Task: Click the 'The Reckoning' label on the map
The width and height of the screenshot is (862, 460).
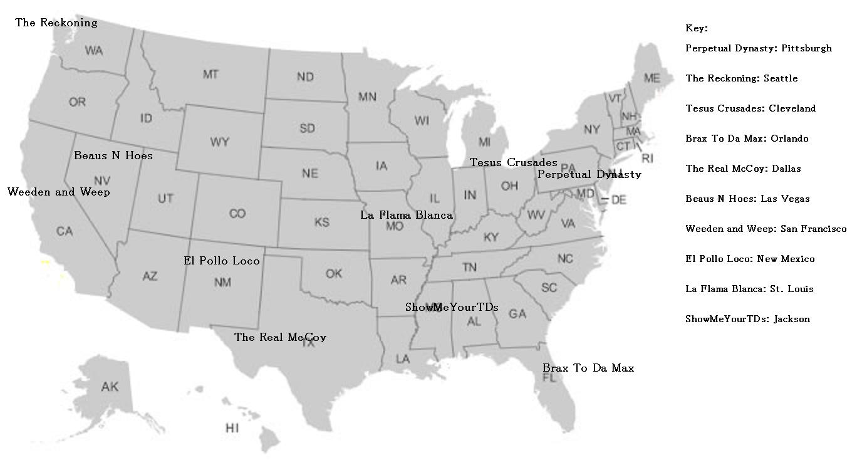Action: (56, 23)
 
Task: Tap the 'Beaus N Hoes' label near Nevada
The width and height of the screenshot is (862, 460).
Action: (113, 155)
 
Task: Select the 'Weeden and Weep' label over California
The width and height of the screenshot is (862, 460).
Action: (59, 192)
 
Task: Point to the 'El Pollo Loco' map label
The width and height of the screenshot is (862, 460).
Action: (222, 261)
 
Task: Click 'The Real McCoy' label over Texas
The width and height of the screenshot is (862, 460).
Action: (280, 337)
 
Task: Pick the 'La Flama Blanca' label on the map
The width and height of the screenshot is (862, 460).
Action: (406, 215)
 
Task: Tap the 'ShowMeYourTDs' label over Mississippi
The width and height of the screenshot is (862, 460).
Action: (452, 307)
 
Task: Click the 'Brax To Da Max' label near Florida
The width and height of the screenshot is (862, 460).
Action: (588, 368)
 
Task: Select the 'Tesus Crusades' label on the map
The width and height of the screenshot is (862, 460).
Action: (514, 163)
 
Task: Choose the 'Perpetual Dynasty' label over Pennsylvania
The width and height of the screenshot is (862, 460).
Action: (589, 174)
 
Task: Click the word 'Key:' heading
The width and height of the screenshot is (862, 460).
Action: (697, 28)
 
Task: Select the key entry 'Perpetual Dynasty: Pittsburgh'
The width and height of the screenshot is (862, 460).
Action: (759, 48)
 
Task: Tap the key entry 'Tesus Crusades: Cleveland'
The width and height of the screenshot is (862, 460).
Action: (750, 108)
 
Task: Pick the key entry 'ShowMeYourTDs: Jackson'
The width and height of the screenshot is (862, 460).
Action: (747, 319)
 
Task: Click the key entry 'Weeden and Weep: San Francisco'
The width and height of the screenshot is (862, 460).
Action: (766, 229)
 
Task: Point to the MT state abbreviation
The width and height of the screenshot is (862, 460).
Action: (211, 75)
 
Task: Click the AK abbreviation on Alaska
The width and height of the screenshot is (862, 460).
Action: (110, 387)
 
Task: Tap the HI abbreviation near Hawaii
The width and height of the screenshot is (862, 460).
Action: (232, 428)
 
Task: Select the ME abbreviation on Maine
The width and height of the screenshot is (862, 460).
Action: (652, 78)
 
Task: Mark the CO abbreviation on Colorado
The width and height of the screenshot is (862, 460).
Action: (237, 214)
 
